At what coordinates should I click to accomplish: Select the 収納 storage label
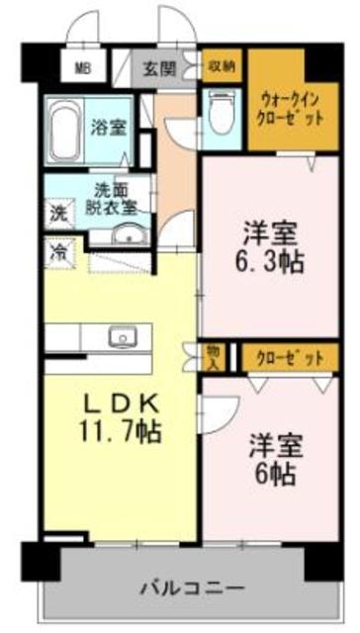(221, 66)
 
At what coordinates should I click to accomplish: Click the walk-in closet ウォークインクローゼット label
(293, 106)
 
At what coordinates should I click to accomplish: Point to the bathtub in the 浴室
(65, 126)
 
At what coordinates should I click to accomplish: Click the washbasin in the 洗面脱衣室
(126, 234)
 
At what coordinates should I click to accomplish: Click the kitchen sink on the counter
(122, 335)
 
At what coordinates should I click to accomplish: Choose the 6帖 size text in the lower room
(273, 473)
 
